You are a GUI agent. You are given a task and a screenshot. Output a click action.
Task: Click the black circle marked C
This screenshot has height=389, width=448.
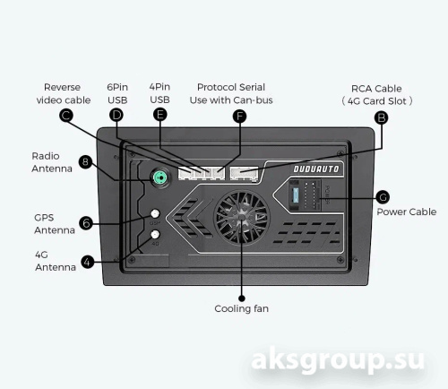pos(66,116)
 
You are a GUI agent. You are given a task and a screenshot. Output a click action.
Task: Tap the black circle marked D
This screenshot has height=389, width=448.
pos(116,115)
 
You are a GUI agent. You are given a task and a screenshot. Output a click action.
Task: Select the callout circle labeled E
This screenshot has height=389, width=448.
pos(160,115)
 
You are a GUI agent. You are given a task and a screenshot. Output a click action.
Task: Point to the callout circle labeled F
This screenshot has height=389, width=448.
pos(239,117)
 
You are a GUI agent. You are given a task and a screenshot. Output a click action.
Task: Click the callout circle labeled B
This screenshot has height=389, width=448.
pos(382,117)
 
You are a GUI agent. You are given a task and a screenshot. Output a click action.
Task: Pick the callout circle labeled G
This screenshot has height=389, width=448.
pos(383,197)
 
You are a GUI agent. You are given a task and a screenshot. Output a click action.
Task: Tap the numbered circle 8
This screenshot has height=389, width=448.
pos(85,162)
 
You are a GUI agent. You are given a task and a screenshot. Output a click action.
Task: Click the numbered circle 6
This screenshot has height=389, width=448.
pos(86,223)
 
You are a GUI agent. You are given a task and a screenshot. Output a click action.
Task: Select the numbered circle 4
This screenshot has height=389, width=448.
pos(88,262)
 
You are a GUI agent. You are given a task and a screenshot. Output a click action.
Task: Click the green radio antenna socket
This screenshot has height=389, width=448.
pos(161,178)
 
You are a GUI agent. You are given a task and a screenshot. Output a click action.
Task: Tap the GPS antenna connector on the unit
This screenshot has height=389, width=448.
pos(155,213)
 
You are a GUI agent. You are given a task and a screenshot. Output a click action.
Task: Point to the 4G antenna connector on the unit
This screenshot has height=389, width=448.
pos(155,234)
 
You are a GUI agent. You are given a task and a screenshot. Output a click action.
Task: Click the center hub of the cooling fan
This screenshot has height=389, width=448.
pos(241,217)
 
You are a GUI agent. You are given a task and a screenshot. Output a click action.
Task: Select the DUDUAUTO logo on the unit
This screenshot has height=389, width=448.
pos(316,169)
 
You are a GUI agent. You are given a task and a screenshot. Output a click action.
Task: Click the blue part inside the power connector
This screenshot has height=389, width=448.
pos(296,195)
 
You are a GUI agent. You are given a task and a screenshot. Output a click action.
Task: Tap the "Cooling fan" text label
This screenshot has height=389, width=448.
pos(241,308)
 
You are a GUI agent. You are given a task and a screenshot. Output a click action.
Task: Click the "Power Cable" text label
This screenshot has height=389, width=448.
pos(407,212)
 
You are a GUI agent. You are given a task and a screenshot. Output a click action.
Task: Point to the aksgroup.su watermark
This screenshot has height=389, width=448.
pos(338,359)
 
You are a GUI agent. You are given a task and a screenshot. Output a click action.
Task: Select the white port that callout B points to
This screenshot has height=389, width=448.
pos(244,173)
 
